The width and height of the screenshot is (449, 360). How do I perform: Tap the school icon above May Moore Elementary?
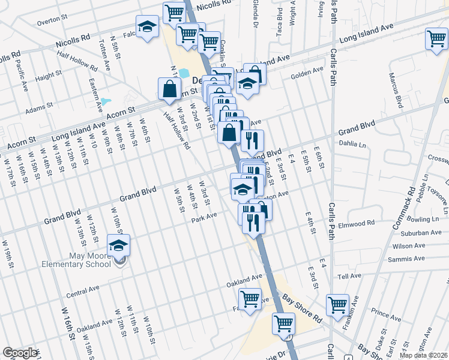(x=118, y=245)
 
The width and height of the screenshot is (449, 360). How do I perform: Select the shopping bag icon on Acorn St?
(x=169, y=89)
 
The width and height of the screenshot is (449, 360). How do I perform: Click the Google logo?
(x=20, y=353)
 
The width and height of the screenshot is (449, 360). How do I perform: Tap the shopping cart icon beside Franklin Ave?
(x=337, y=304)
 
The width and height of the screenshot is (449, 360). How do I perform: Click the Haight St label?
(x=45, y=77)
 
